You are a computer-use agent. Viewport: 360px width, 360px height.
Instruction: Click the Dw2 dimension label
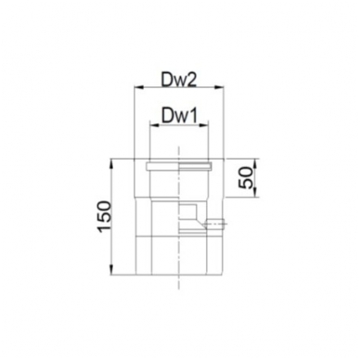click(x=178, y=81)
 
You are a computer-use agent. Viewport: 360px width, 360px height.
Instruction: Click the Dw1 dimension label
click(x=179, y=117)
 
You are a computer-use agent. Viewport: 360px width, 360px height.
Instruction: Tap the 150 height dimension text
click(x=104, y=216)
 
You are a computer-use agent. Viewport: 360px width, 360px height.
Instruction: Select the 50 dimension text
click(x=247, y=177)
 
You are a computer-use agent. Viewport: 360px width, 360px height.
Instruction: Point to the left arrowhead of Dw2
click(x=137, y=88)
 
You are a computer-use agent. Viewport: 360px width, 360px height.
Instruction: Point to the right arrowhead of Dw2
click(x=220, y=88)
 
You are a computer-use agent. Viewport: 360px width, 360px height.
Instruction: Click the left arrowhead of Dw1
click(x=154, y=124)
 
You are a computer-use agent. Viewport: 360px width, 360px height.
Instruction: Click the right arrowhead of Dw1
click(x=204, y=124)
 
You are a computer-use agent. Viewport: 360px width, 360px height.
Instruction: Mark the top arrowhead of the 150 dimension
click(x=112, y=163)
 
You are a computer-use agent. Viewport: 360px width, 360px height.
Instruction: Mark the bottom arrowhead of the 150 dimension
click(x=112, y=270)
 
